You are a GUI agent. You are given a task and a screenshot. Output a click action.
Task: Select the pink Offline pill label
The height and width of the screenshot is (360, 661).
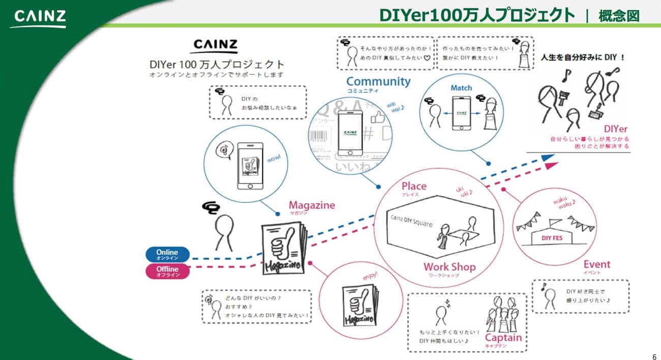tap(167, 271)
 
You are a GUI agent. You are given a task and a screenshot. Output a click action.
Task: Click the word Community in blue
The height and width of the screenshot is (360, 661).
tap(378, 81)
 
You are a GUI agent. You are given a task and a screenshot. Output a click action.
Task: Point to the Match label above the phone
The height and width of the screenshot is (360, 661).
tap(461, 88)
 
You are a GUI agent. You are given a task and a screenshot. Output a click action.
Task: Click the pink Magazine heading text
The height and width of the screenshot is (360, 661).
tap(312, 205)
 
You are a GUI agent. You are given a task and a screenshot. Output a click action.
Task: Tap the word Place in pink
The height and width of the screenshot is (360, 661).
tap(414, 186)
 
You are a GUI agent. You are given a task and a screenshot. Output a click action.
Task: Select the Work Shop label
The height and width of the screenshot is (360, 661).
tap(449, 267)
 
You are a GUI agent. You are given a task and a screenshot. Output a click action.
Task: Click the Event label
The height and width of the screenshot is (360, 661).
tap(597, 264)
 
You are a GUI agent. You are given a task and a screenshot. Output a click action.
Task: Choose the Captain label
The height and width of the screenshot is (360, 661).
tap(503, 338)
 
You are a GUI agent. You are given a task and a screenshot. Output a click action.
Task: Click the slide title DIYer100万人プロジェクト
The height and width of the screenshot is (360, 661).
tap(477, 15)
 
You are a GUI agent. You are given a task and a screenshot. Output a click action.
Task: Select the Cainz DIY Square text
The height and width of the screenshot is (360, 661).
tap(412, 221)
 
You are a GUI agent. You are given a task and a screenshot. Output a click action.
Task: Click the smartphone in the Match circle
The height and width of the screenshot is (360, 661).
tap(461, 113)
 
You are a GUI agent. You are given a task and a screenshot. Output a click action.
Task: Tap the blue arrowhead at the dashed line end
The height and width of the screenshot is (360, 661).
tap(548, 158)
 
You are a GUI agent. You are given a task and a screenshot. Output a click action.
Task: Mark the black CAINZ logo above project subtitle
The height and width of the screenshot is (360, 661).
tap(215, 46)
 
